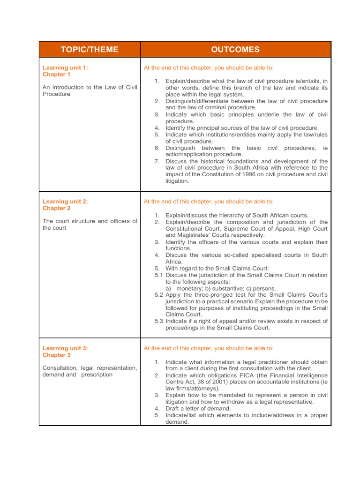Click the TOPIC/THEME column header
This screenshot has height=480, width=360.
89,50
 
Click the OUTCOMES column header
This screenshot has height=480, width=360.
235,50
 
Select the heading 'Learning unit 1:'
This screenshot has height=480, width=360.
65,68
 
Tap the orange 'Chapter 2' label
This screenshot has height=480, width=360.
57,208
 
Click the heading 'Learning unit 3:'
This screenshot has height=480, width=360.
65,348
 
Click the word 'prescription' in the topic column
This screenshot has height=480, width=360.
97,375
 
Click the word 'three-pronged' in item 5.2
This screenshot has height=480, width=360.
206,295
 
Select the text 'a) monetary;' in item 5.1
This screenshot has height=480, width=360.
186,288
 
